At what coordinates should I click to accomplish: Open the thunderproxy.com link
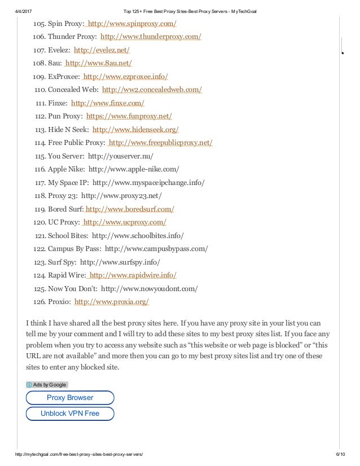(151, 37)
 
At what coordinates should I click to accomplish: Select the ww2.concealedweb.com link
(152, 90)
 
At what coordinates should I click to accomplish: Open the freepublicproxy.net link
(160, 143)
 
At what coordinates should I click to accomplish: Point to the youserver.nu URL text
(120, 156)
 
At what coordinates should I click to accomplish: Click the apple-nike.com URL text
(134, 169)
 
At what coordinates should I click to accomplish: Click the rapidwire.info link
(133, 275)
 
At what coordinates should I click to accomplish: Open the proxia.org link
(112, 302)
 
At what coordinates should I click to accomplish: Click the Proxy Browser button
(70, 398)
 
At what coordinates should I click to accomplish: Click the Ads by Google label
(47, 385)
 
